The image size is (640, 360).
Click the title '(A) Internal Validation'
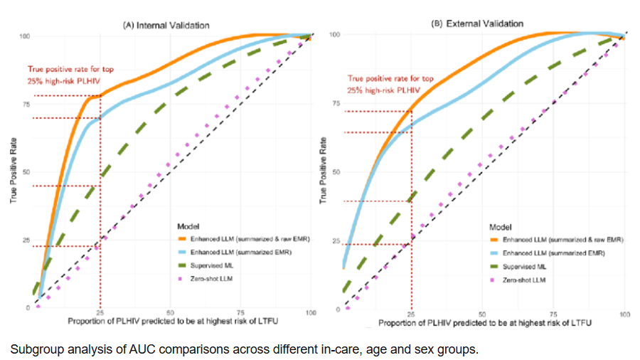click(166, 25)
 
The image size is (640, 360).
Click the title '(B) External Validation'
click(476, 23)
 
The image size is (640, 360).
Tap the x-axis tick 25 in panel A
click(100, 313)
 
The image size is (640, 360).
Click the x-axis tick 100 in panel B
click(624, 314)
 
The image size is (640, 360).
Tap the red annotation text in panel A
click(70, 75)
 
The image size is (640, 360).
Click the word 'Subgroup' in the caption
click(34, 349)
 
